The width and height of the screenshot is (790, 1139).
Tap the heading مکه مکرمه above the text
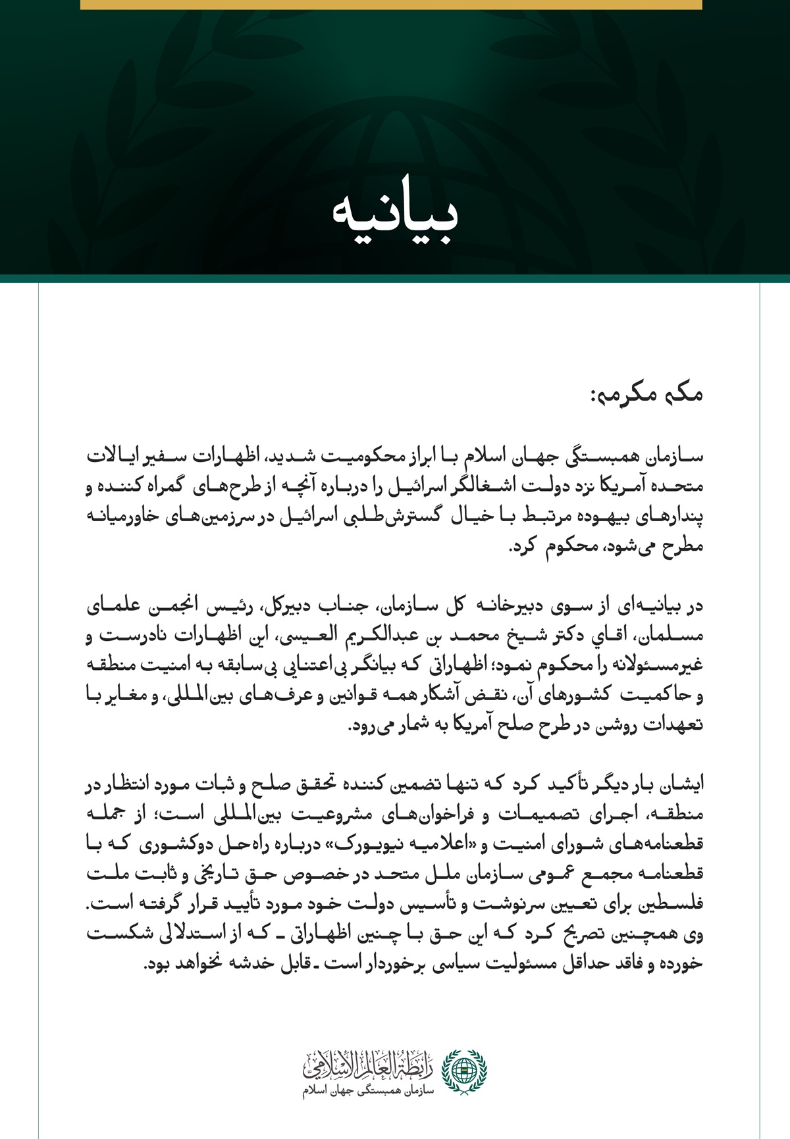pos(646,395)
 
